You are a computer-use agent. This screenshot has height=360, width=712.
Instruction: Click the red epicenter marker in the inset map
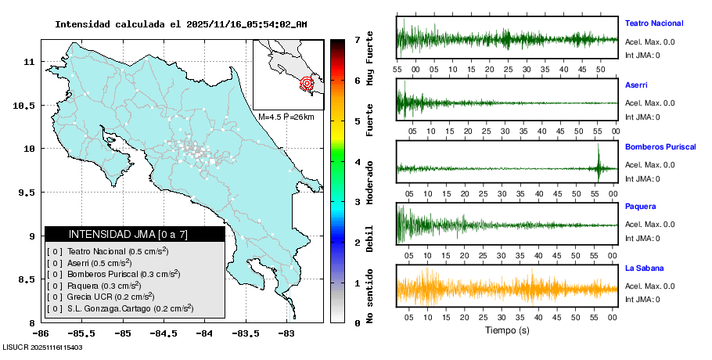307,82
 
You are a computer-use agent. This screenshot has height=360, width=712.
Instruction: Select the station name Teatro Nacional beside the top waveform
653,23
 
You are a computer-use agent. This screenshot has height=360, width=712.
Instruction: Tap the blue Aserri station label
636,85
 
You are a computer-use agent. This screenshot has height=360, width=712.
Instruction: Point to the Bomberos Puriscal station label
660,146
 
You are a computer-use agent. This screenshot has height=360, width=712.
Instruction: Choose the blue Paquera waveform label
640,207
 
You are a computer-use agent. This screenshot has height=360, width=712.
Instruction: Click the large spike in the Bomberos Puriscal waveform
599,163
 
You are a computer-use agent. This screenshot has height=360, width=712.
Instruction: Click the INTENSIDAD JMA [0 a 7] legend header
135,234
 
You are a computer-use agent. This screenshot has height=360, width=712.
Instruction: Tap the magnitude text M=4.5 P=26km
286,117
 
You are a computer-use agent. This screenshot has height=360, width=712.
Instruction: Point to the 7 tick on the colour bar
356,39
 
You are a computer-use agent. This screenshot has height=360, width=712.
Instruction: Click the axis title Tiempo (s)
506,330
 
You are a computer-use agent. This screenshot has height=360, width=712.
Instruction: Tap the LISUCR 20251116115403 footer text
43,347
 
